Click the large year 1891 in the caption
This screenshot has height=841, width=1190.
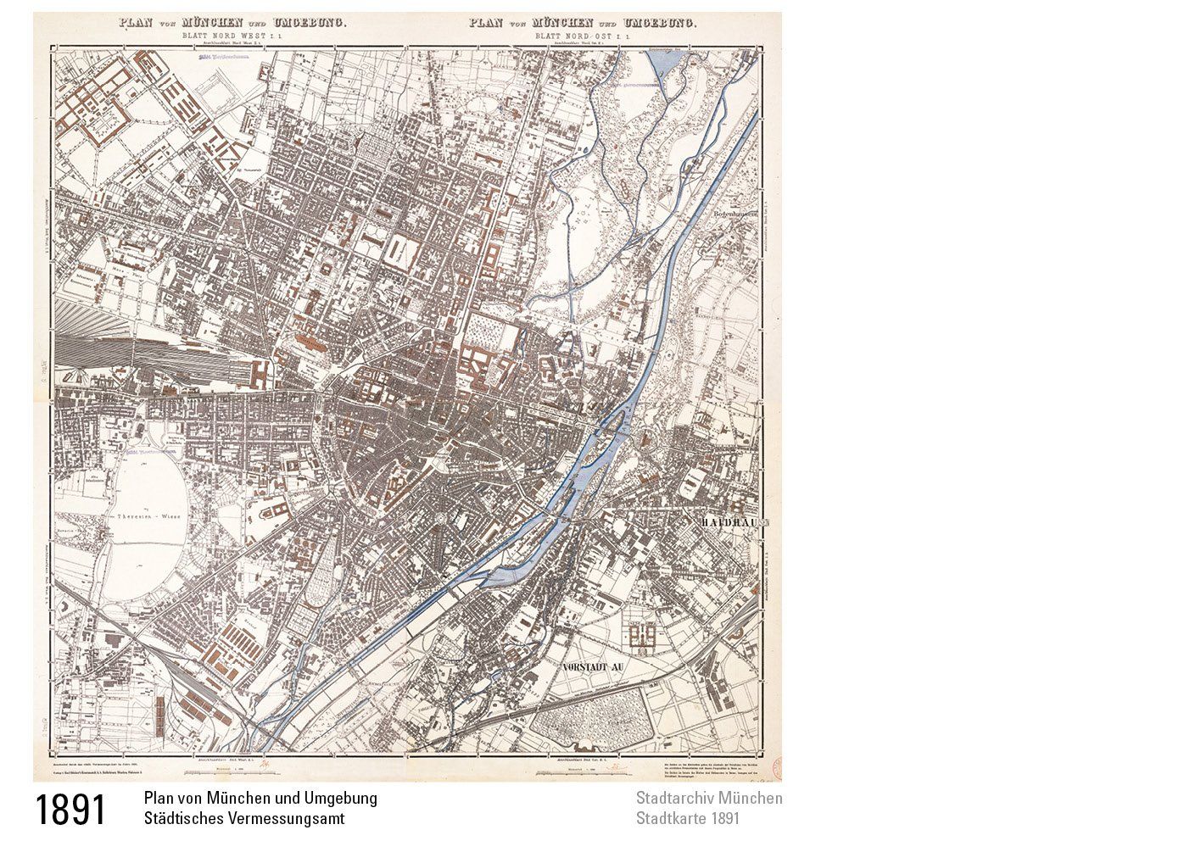(x=70, y=810)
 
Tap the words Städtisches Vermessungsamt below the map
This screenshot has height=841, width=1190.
(x=244, y=819)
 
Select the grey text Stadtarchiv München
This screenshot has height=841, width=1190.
(x=709, y=799)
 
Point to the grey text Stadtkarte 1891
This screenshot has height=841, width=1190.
(x=687, y=819)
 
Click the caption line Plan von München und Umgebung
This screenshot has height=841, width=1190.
(x=260, y=799)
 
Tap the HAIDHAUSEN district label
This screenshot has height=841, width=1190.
(x=734, y=523)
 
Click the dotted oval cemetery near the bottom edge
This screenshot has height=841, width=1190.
(x=591, y=721)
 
